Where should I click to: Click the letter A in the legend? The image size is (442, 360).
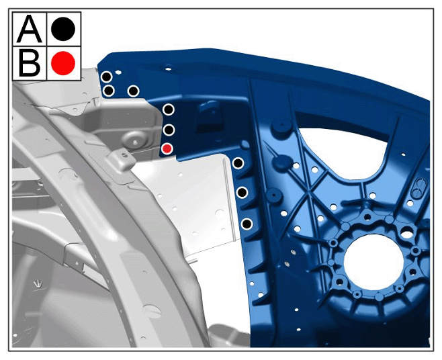[x=30, y=28]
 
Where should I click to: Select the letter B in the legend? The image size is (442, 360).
[x=30, y=63]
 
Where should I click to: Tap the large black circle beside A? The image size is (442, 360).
[x=63, y=28]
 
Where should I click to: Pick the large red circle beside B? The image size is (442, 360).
[x=63, y=63]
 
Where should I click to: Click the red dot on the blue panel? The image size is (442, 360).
[x=167, y=148]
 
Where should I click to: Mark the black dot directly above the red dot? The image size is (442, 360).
[x=169, y=130]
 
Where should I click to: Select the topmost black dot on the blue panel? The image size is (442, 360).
[x=107, y=77]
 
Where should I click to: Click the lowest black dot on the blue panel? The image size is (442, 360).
[x=247, y=224]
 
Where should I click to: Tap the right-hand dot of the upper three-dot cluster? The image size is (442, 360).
[x=133, y=91]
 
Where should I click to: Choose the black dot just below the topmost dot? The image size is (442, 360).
[x=109, y=91]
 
